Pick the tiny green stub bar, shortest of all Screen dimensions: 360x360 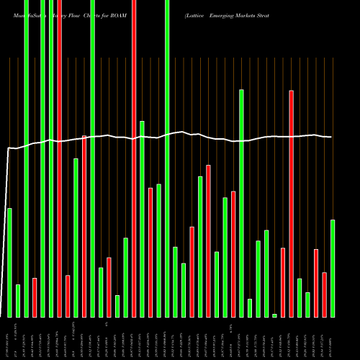click(274, 315)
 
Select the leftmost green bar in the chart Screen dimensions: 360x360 click(9, 262)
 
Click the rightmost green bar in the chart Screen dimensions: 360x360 click(332, 268)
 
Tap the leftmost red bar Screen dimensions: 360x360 click(35, 297)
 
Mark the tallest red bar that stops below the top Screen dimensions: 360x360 click(291, 203)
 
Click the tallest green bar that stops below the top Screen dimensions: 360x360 click(241, 203)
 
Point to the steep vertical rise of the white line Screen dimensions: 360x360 click(6, 230)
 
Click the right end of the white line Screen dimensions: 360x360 click(331, 137)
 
